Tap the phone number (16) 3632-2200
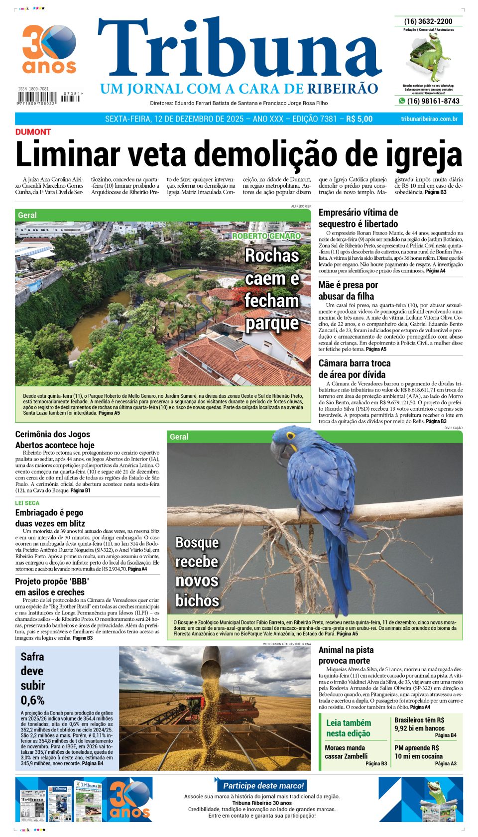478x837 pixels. click(428, 21)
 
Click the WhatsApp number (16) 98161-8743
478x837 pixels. click(433, 101)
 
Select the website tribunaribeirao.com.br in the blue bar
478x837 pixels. click(429, 119)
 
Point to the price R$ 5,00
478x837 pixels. click(359, 119)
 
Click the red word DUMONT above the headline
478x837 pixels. click(33, 132)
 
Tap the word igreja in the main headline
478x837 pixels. click(421, 155)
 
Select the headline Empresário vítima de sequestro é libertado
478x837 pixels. click(358, 218)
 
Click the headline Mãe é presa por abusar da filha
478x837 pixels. click(348, 291)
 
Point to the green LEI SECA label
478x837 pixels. click(27, 503)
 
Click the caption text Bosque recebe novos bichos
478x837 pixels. click(197, 571)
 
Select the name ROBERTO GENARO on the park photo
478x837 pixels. click(266, 236)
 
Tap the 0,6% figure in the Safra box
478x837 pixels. click(32, 700)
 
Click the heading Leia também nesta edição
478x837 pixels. click(349, 728)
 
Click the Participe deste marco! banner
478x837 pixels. click(263, 786)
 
